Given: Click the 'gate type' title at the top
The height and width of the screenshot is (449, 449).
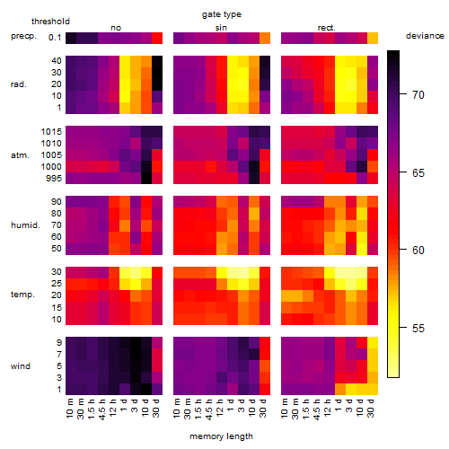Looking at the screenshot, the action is (222, 14).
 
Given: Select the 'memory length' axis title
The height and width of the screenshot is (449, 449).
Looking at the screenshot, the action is (221, 436).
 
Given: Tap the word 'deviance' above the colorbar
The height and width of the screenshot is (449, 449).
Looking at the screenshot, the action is (425, 36).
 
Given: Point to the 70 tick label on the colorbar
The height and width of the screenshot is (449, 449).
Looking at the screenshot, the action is (418, 95).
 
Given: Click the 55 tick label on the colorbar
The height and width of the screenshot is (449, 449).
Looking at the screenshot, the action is (418, 329).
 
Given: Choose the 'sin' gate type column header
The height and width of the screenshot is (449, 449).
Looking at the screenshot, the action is (221, 28).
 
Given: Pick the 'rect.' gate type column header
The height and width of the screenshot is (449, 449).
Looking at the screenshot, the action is (327, 28).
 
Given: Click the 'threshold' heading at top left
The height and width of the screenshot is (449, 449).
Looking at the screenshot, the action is (50, 22).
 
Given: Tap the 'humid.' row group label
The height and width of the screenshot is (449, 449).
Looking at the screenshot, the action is (25, 225).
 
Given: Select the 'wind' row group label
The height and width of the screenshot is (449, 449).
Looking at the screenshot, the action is (21, 366).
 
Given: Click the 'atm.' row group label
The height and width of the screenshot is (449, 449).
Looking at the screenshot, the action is (20, 155).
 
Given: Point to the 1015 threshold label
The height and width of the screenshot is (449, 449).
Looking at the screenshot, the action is (51, 132).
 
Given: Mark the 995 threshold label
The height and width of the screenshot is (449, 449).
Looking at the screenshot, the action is (54, 179).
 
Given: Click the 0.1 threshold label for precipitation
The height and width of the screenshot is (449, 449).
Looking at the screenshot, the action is (55, 38).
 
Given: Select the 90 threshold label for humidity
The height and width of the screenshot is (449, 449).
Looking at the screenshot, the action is (57, 202).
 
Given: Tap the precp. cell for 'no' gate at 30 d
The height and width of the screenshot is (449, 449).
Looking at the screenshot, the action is (157, 38).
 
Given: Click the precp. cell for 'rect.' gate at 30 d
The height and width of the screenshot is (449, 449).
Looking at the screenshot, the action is (373, 38).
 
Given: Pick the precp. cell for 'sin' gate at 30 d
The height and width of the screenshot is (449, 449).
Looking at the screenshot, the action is (265, 38).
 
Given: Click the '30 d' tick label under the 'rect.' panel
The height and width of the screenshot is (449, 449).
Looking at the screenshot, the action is (371, 408).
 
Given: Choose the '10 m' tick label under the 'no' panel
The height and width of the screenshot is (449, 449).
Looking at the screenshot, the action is (69, 408).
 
